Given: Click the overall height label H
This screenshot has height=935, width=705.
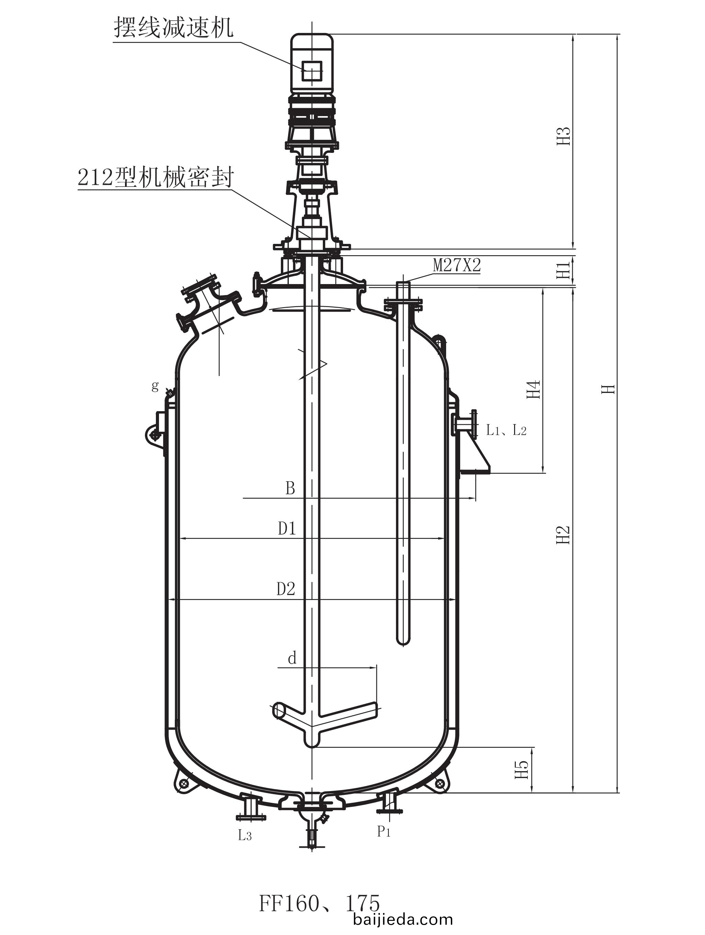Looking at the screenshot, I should pos(608,389).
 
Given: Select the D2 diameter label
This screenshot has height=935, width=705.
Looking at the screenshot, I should pos(286,589).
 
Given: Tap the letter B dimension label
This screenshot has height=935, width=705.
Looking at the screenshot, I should pos(290,488).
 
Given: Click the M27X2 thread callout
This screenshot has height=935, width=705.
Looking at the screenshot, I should pos(457,266).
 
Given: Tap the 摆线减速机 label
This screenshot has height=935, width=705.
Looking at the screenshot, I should pos(173,28).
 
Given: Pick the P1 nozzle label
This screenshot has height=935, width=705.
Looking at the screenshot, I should pos(384,832).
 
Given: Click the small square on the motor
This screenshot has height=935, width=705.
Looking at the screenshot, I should pos(312,71).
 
